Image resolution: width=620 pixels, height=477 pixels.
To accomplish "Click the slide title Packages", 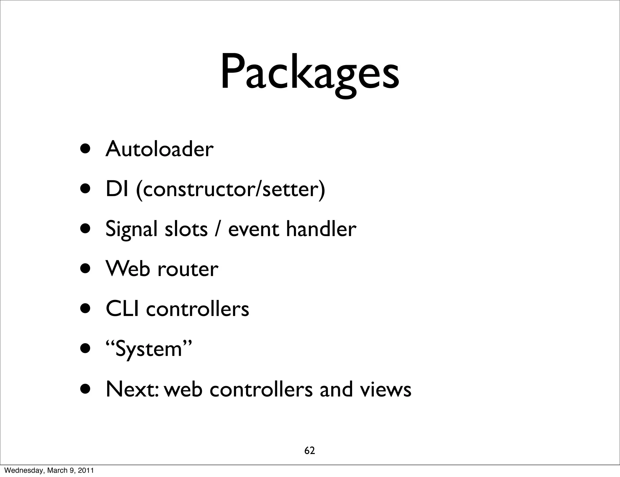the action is [x=309, y=73].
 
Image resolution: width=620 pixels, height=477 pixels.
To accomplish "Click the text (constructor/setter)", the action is [x=230, y=189].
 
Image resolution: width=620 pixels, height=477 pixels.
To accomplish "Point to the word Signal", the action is [x=131, y=229].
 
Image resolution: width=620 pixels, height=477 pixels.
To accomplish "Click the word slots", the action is [x=186, y=229].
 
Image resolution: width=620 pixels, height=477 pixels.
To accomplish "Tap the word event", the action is [x=253, y=229].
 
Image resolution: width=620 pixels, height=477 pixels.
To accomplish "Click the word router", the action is [x=188, y=269].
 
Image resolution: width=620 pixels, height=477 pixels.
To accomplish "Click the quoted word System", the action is [x=149, y=349].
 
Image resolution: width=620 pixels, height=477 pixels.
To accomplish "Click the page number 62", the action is [x=309, y=451].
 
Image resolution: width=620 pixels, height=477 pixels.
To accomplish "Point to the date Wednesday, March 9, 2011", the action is [x=49, y=470].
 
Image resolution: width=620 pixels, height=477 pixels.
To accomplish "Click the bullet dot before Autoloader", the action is [x=87, y=149].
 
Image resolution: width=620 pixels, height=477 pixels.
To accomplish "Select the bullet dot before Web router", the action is [x=87, y=269].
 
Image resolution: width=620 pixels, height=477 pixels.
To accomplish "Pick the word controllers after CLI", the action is [x=197, y=309].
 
